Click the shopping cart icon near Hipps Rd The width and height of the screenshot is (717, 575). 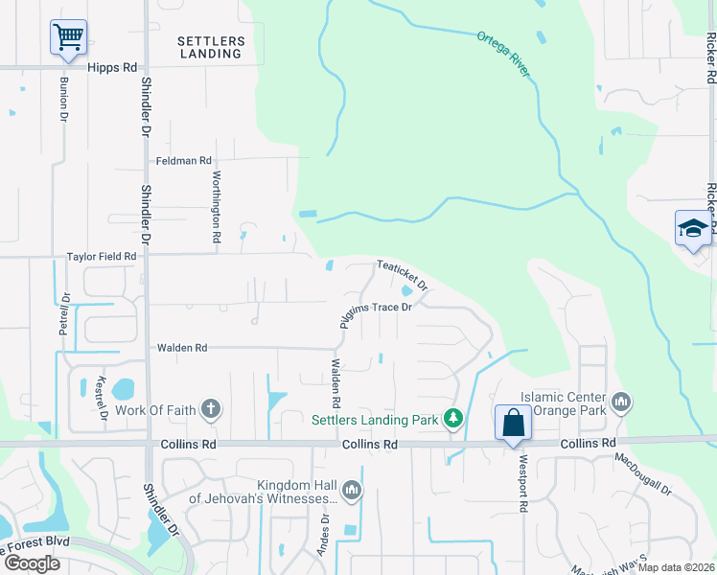67,37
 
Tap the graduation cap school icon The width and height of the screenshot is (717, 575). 692,228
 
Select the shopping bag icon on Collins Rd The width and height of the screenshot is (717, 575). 513,422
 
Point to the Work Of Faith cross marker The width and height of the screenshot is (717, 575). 211,409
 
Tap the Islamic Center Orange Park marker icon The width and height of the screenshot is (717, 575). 620,401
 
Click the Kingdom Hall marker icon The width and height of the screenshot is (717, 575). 352,492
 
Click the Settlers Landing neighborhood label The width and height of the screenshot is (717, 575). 211,47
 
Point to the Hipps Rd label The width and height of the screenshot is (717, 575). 112,68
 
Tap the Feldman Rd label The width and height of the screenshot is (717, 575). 184,161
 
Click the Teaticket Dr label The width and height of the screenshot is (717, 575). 401,276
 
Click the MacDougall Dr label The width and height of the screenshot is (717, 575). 643,473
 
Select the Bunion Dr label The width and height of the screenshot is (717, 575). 64,99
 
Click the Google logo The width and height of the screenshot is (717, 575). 32,563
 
